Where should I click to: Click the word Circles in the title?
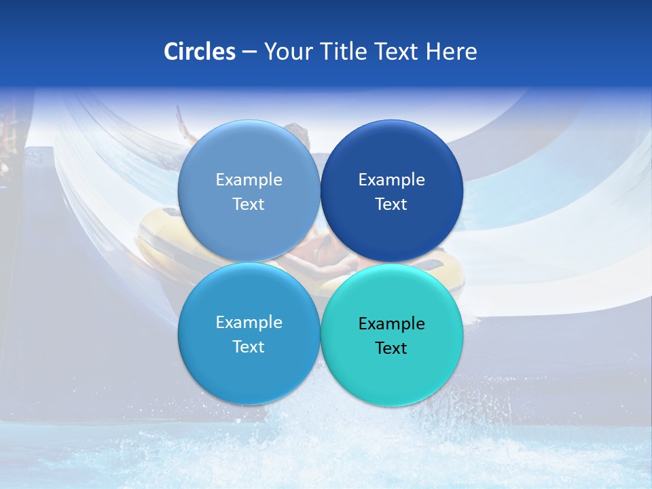[199, 51]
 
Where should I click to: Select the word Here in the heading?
[451, 51]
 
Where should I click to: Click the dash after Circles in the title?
[249, 52]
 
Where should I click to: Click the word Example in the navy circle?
[392, 180]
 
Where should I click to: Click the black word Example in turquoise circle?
[392, 324]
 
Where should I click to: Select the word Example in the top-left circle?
[249, 180]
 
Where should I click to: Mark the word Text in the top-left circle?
[249, 204]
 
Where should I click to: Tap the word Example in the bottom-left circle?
[249, 323]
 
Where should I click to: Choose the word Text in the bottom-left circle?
[249, 347]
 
